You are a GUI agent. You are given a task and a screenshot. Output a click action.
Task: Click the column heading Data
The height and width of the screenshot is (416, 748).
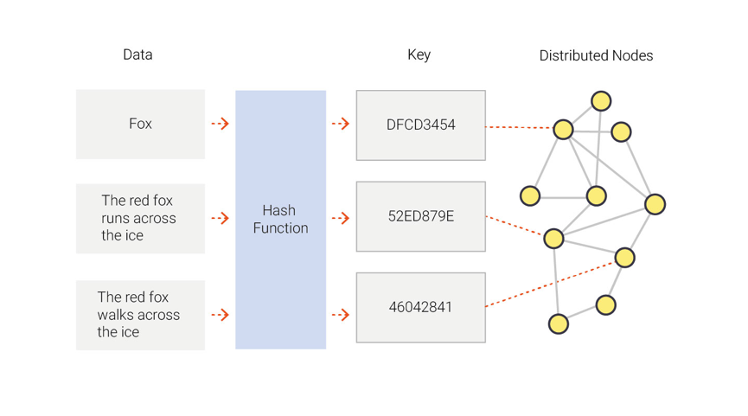[137, 54]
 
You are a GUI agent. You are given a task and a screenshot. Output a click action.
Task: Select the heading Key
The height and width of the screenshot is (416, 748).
[419, 54]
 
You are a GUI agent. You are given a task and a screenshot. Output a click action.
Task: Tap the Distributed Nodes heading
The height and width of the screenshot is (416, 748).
[596, 55]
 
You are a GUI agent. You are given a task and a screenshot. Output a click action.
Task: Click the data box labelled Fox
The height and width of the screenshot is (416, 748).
[140, 124]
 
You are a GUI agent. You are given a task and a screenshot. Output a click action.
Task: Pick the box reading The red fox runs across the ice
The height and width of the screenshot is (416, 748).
[140, 218]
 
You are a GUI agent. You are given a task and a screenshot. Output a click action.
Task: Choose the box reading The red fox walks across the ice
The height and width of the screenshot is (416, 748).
[140, 315]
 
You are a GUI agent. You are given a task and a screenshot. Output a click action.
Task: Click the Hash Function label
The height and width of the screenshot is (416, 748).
[280, 220]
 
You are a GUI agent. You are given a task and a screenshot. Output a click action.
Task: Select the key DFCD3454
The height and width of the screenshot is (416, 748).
[420, 125]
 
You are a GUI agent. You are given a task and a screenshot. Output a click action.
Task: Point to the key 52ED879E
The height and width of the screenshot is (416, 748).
[420, 216]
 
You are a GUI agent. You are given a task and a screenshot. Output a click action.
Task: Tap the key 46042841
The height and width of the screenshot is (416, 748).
[420, 307]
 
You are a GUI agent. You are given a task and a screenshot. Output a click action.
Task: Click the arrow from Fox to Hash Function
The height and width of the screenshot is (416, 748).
[220, 124]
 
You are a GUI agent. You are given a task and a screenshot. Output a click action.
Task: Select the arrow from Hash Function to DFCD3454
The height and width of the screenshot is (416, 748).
[341, 124]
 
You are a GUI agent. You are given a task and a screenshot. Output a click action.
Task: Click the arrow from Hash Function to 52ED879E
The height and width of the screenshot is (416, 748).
[341, 218]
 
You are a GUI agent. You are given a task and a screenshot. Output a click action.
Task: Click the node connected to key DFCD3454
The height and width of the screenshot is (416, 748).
[563, 129]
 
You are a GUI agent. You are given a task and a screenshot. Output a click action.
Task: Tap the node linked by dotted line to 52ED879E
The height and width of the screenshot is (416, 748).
[553, 237]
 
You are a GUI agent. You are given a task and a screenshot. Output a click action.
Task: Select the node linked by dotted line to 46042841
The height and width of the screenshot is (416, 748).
[624, 257]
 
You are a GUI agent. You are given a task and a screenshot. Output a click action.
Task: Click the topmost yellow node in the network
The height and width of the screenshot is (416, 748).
[601, 100]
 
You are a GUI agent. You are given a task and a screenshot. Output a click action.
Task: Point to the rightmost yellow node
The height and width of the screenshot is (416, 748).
[655, 204]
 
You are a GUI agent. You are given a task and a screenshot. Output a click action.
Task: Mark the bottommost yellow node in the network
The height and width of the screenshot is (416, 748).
[559, 324]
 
